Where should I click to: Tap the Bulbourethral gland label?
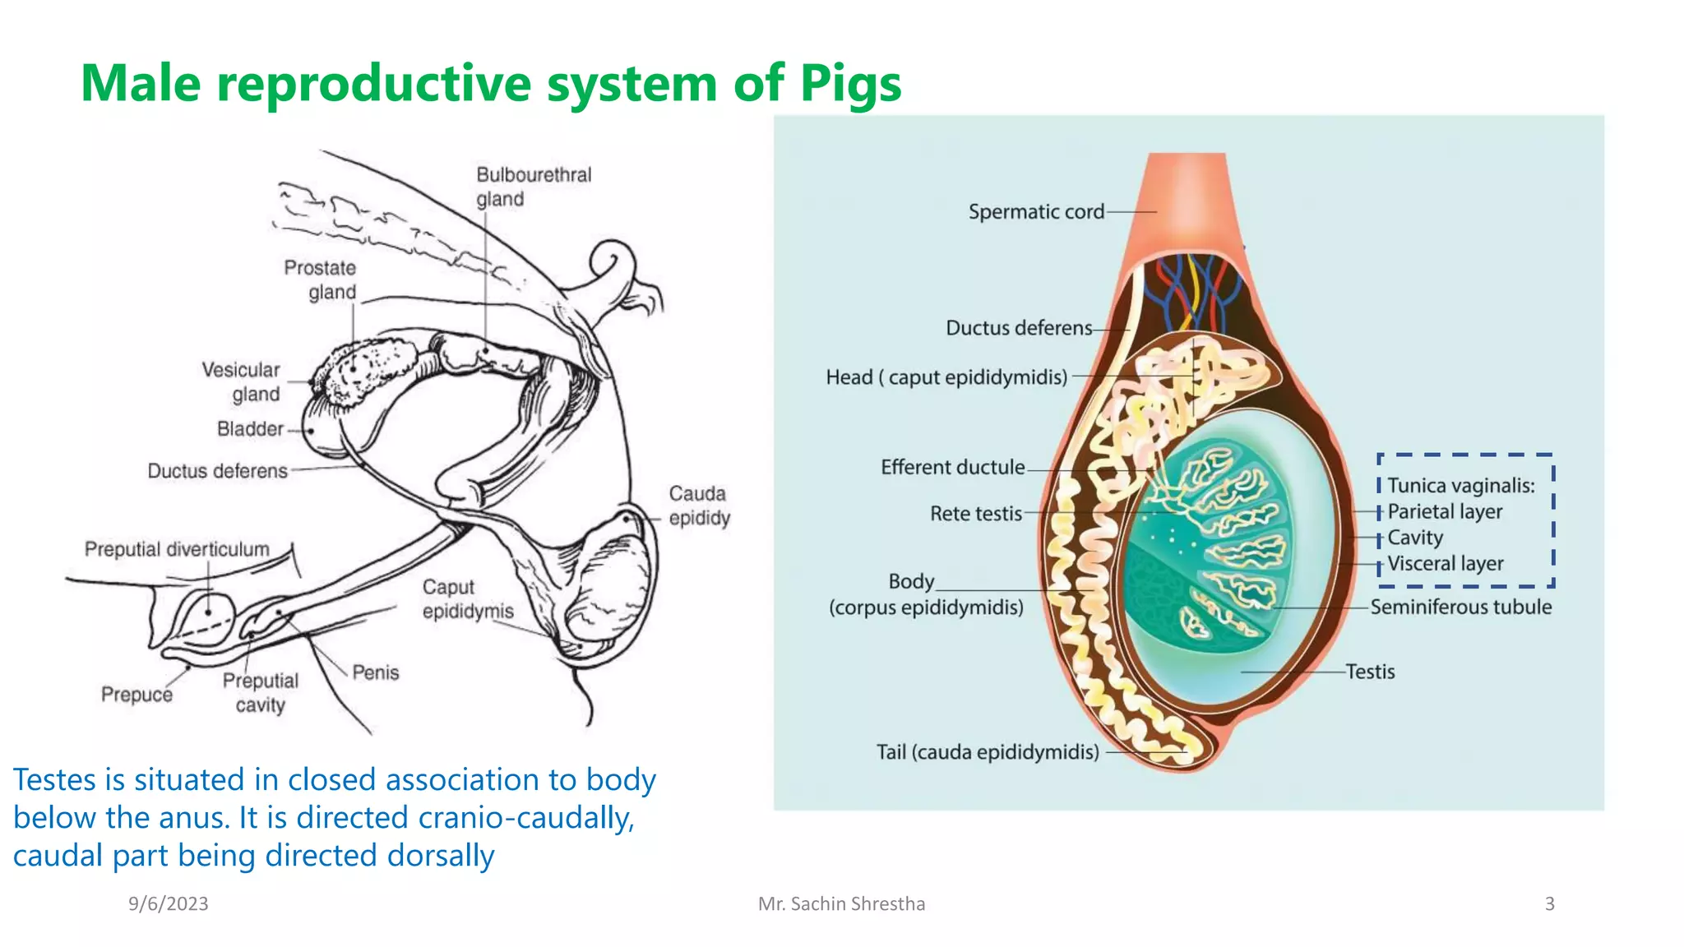point(533,187)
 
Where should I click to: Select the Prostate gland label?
point(321,279)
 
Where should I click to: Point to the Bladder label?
point(250,429)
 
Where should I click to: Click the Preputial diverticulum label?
point(177,549)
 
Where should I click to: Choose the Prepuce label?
point(136,695)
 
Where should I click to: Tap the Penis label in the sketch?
point(375,672)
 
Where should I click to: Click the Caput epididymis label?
point(467,599)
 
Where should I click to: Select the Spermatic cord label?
point(1036,212)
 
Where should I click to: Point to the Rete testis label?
point(975,514)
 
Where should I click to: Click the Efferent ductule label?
point(952,468)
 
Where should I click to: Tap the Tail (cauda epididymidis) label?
point(987,752)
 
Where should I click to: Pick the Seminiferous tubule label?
point(1460,607)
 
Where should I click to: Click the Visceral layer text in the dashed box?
point(1445,564)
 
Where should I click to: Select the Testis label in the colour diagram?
point(1370,672)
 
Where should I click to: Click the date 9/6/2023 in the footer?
point(168,903)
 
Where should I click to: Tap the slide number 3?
point(1549,903)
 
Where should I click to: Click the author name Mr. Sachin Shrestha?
point(841,903)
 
